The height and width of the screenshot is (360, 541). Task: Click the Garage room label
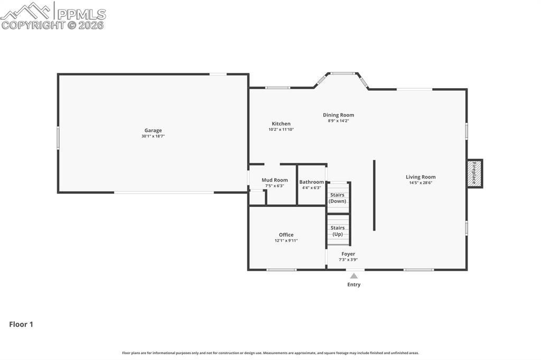click(x=153, y=130)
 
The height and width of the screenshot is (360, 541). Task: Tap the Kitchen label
click(x=281, y=124)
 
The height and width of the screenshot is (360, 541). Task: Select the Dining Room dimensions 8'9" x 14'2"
click(x=338, y=121)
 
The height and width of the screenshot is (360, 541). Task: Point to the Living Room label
click(x=421, y=177)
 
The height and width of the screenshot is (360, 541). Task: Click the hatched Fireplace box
click(x=474, y=174)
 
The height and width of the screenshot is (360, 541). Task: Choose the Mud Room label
click(x=275, y=180)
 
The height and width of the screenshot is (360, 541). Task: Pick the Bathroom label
click(x=312, y=182)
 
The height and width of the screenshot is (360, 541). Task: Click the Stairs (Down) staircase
click(x=338, y=197)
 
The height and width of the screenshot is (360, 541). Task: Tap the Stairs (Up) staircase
click(x=338, y=230)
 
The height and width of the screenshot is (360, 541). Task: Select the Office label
click(x=286, y=234)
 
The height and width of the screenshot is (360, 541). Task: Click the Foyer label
click(x=348, y=254)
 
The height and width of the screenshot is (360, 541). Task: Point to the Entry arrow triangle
click(x=354, y=276)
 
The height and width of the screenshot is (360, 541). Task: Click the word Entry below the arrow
click(x=354, y=285)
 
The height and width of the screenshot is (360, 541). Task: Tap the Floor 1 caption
click(x=21, y=324)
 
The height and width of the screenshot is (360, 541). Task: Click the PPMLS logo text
click(x=81, y=14)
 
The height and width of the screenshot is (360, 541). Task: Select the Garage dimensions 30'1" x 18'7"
click(x=153, y=136)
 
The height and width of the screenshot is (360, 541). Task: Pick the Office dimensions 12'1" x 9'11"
click(x=286, y=240)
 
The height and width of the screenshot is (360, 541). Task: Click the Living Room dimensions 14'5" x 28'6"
click(x=421, y=183)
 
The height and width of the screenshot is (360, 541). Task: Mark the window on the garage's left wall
click(x=58, y=138)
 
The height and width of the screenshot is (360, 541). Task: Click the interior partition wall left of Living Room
click(x=375, y=195)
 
